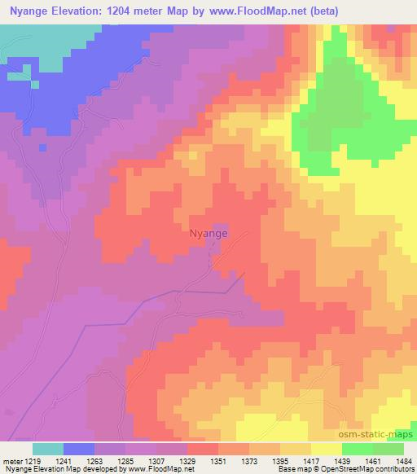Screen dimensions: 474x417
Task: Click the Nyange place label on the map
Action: (208, 232)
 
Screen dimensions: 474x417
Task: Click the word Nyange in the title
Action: (32, 11)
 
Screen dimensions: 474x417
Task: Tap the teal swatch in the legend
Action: (48, 449)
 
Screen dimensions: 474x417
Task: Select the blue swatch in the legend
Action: (79, 449)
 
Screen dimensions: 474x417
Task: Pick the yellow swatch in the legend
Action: (327, 449)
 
